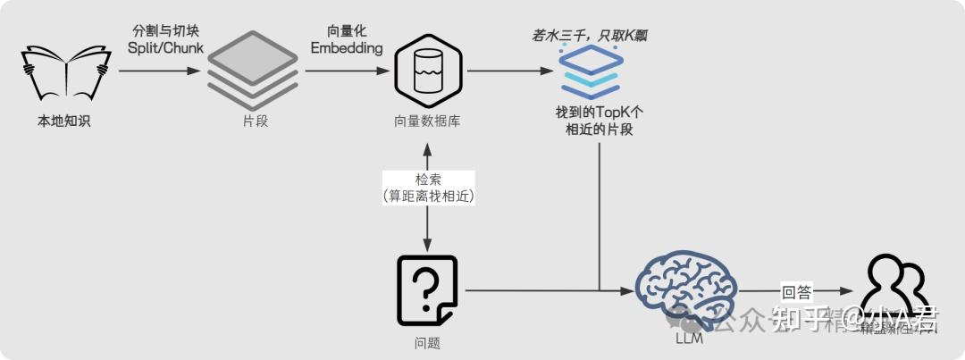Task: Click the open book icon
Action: (x=64, y=75)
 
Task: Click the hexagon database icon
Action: (x=429, y=70)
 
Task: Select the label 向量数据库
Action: (x=429, y=121)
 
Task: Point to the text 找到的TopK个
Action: (x=599, y=114)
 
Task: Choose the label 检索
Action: (x=429, y=180)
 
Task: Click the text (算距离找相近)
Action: (x=429, y=196)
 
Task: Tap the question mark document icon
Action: (x=427, y=291)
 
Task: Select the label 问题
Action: (x=427, y=343)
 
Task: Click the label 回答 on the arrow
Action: (x=796, y=290)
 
